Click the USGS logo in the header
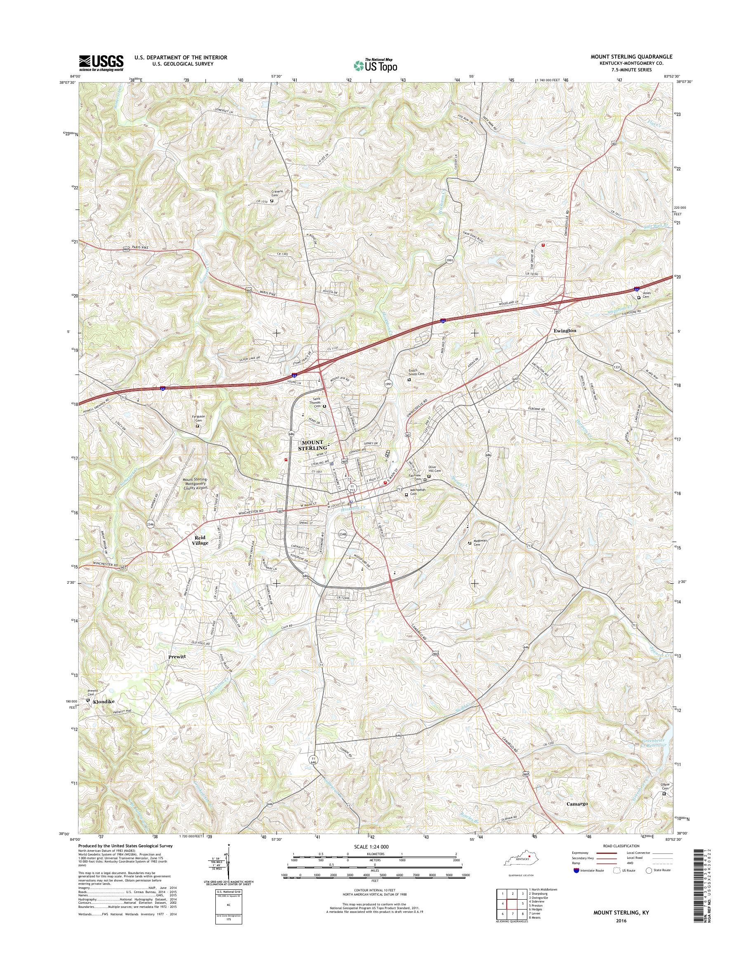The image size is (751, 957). (x=101, y=63)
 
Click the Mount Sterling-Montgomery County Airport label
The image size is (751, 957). (x=195, y=483)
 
